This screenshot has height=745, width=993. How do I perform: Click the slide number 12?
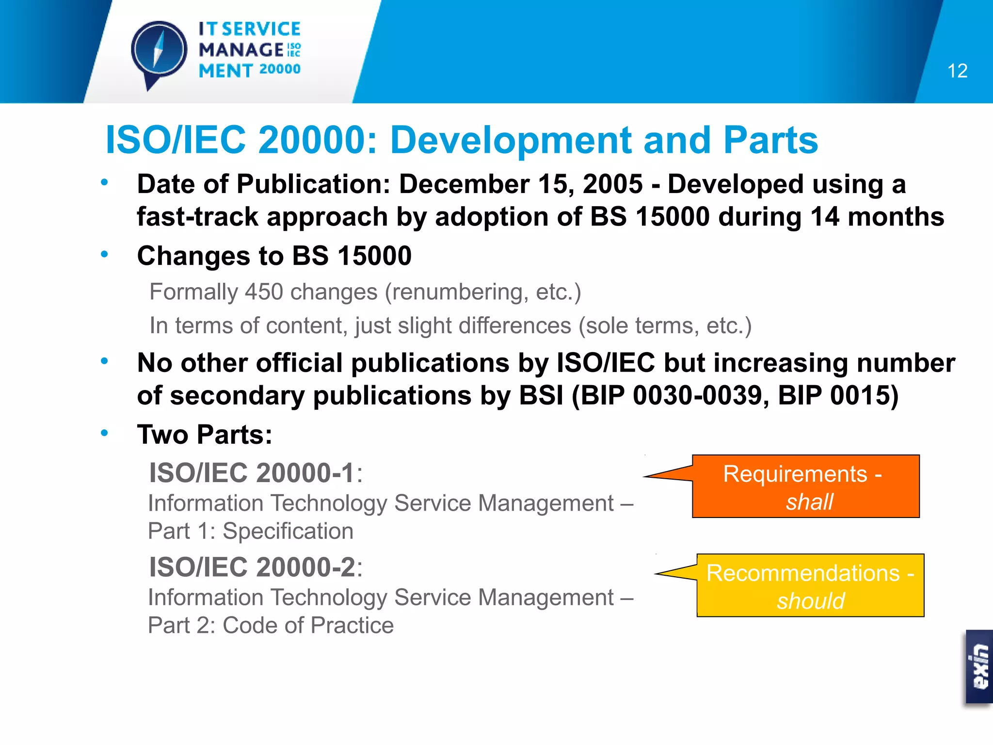(x=957, y=71)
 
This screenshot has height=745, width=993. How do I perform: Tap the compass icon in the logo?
(x=159, y=50)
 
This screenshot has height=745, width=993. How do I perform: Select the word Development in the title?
(x=510, y=140)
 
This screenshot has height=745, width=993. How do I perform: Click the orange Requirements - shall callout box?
(x=805, y=486)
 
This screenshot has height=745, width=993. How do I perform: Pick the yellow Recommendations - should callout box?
(x=810, y=585)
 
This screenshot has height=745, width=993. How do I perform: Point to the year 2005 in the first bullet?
(x=612, y=184)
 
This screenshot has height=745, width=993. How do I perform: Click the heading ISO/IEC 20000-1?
(x=252, y=473)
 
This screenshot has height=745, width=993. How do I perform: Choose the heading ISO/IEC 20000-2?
(x=252, y=567)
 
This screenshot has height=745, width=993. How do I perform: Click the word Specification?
(x=288, y=531)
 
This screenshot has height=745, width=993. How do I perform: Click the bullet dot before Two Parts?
(x=104, y=433)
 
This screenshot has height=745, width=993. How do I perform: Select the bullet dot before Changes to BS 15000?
(x=104, y=254)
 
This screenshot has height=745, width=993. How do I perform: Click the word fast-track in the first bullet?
(x=197, y=217)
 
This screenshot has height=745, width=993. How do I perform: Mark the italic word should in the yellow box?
(x=811, y=601)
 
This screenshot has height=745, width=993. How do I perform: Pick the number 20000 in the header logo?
(x=280, y=69)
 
